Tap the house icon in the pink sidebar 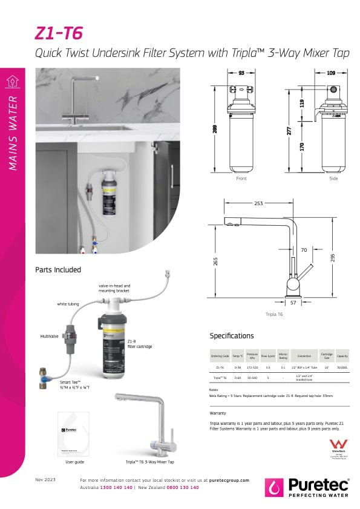(x=13, y=81)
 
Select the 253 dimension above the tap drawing (x=260, y=204)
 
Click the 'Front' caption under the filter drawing (x=241, y=179)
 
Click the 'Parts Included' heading (x=58, y=269)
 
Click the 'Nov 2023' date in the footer (x=45, y=480)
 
